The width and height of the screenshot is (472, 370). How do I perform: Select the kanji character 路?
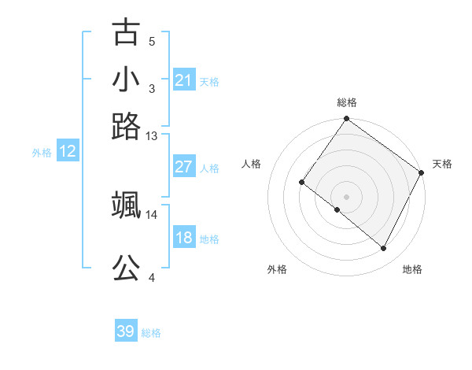(126, 126)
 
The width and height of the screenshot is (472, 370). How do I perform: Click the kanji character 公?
(126, 268)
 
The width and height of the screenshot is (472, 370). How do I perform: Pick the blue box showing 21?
(184, 80)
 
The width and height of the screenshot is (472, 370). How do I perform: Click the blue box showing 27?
(184, 167)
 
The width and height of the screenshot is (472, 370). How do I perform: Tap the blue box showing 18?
(184, 238)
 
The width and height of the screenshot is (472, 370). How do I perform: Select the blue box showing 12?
(68, 152)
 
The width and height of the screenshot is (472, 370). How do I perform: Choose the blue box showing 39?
(126, 331)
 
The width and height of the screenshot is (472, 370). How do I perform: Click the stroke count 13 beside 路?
(152, 136)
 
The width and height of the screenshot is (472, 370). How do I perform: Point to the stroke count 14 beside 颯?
(152, 214)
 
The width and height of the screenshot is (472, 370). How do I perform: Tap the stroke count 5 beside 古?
(152, 42)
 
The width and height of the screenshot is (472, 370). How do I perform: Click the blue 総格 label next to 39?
(152, 333)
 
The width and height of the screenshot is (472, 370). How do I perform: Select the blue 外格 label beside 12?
(42, 153)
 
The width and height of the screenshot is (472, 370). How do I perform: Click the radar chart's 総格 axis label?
(346, 102)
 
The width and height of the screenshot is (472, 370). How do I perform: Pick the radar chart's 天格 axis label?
(442, 164)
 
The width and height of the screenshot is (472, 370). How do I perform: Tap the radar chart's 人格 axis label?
(252, 164)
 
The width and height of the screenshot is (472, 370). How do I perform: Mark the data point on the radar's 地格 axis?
(384, 249)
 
